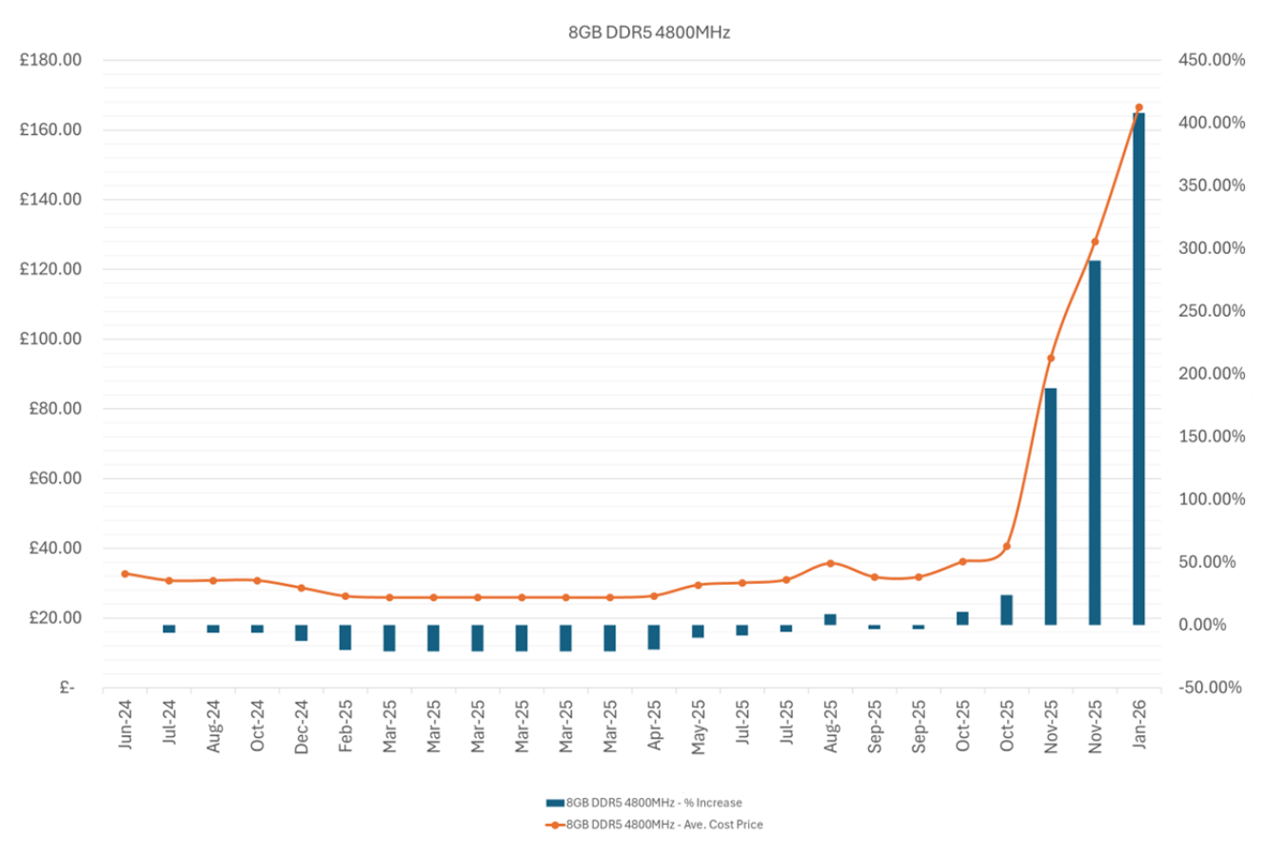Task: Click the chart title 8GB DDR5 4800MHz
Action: point(648,32)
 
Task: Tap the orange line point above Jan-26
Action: point(1138,107)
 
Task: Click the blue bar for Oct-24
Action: point(257,629)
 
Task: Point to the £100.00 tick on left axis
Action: point(50,339)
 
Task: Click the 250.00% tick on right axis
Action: point(1211,311)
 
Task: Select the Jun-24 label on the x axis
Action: point(125,725)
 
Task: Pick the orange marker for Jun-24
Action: point(125,574)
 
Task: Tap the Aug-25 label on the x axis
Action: point(830,726)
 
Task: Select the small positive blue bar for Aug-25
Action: point(830,619)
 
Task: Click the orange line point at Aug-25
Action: point(830,563)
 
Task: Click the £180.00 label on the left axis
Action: point(50,60)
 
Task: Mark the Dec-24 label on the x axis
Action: point(301,727)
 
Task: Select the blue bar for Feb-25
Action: point(346,637)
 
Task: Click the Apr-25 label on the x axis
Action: point(654,726)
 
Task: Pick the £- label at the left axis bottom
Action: point(67,688)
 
